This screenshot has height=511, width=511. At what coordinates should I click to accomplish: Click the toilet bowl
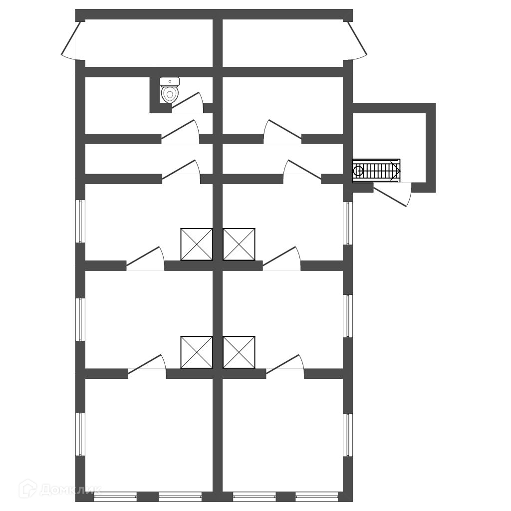coord(170,94)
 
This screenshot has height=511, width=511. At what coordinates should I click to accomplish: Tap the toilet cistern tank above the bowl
coord(170,81)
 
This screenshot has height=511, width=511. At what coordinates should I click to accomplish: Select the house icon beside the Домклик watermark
coord(27,489)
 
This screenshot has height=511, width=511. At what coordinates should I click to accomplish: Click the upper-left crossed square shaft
coord(197,244)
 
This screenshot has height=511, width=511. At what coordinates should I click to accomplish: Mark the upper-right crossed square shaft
coord(239,244)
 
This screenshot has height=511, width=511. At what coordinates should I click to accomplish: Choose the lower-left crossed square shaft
coord(197,352)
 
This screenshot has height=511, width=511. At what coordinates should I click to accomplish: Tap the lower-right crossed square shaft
coord(239,352)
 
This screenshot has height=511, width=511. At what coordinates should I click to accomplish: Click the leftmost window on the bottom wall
coord(115,497)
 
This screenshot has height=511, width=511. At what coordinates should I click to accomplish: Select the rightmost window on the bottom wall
coord(316,497)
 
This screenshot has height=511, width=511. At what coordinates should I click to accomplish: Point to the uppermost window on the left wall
coord(80,221)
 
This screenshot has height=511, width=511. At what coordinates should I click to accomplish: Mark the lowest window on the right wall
coord(348,435)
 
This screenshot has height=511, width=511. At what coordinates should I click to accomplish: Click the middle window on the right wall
coord(348,316)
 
